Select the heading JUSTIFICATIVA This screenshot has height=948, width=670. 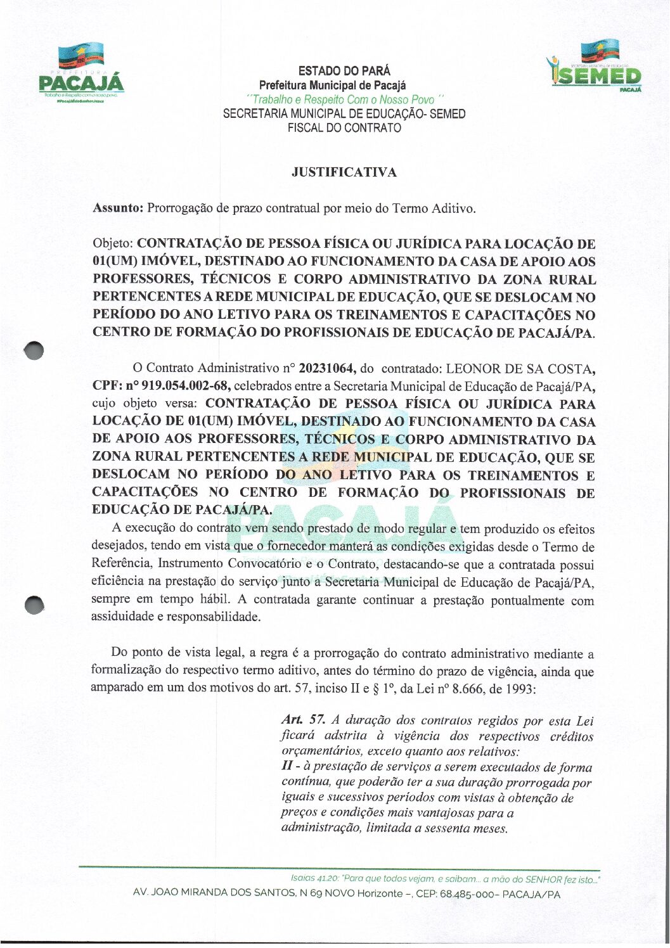pyautogui.click(x=344, y=172)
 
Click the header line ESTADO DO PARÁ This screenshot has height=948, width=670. pyautogui.click(x=344, y=71)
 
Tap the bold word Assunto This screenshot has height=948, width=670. pyautogui.click(x=118, y=208)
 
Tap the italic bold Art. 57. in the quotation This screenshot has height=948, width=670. pyautogui.click(x=303, y=721)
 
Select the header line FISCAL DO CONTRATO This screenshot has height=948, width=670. pyautogui.click(x=344, y=128)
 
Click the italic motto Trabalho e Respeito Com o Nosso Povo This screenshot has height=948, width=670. pyautogui.click(x=344, y=100)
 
